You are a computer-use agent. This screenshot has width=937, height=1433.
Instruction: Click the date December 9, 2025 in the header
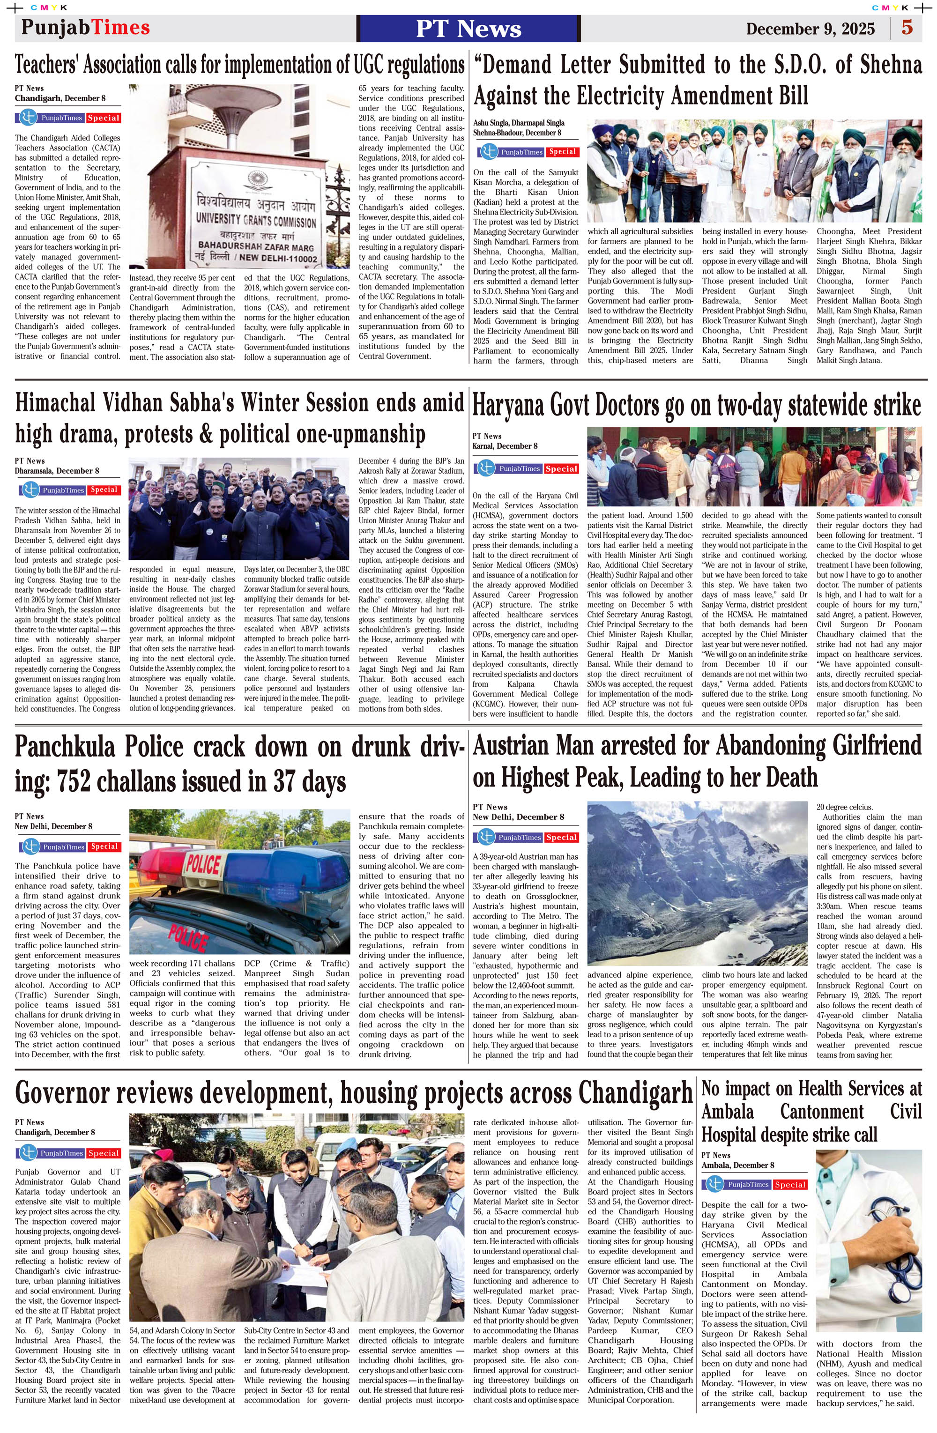[810, 28]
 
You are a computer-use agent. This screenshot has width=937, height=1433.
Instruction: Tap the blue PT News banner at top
[468, 28]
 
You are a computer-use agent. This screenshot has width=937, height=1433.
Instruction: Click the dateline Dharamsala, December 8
[57, 471]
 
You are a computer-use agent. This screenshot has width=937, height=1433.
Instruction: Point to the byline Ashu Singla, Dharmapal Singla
[519, 123]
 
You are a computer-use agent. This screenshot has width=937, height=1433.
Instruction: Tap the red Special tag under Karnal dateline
[561, 469]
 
